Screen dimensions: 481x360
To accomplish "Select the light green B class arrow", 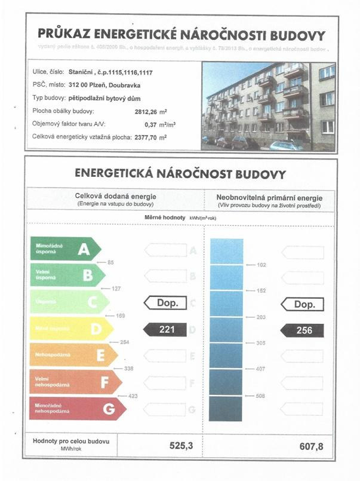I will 67,275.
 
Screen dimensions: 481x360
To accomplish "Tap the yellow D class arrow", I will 72,328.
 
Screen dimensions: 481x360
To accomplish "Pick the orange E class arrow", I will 74,355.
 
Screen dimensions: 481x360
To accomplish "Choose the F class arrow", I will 76,382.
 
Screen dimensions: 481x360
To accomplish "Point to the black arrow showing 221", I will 165,329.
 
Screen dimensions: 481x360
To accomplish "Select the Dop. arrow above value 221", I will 165,303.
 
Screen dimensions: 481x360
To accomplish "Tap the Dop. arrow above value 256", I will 303,304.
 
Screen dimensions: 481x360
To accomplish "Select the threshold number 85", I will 110,262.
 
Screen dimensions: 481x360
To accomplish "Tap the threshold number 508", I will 261,395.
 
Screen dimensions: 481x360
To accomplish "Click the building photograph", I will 269,106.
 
